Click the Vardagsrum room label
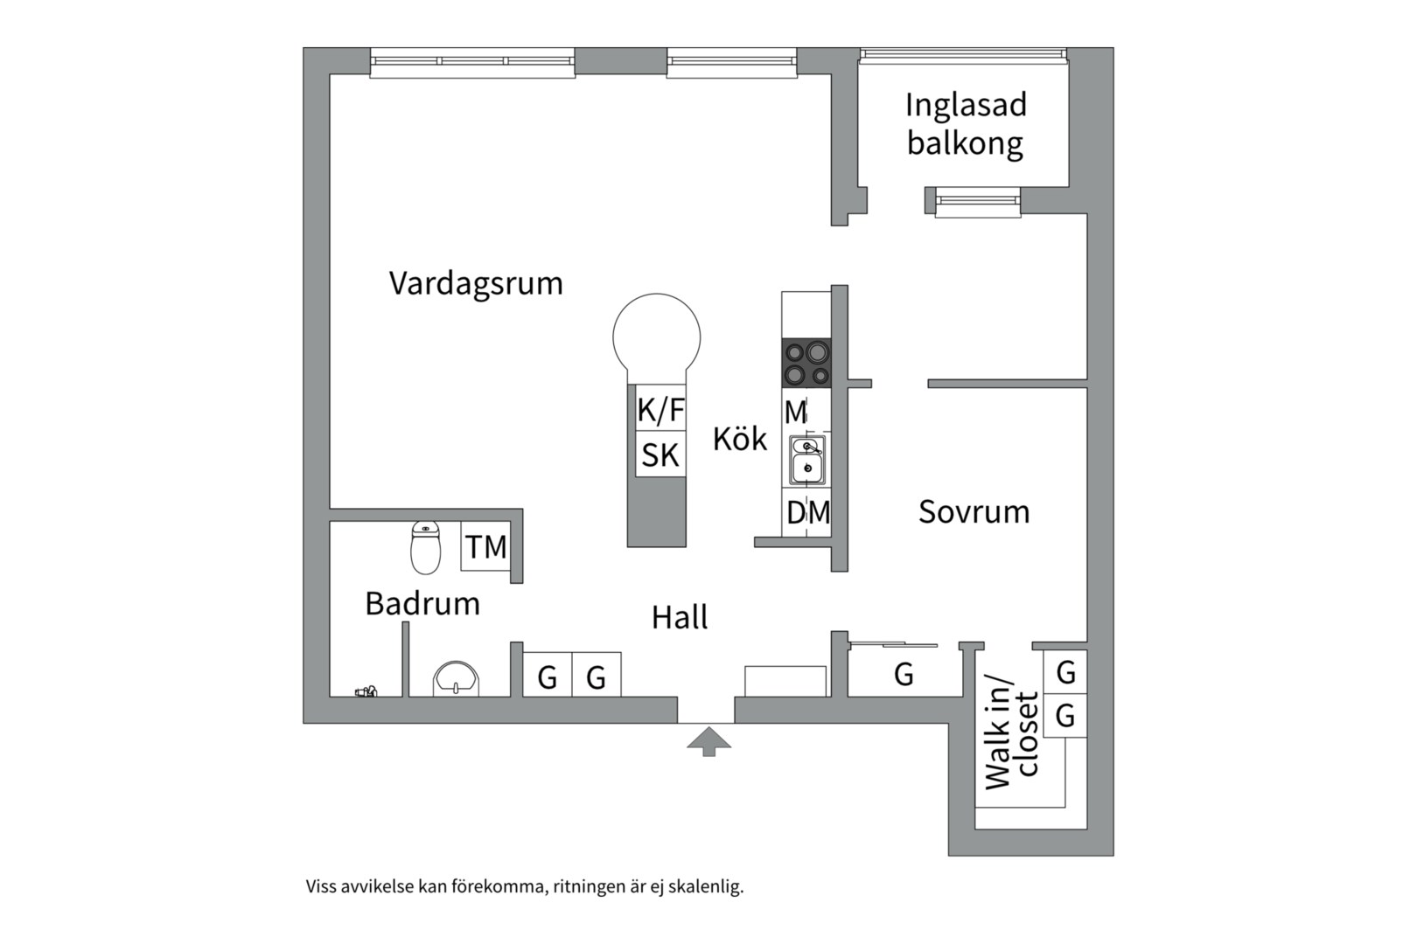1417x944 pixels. (476, 283)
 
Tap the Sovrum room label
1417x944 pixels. (974, 511)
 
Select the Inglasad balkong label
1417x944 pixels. (965, 124)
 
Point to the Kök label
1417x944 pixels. (739, 439)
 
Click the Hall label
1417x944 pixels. (680, 617)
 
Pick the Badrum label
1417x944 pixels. (422, 603)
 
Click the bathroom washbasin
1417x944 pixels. (456, 678)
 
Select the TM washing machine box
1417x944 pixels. (485, 547)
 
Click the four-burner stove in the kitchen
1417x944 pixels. (806, 363)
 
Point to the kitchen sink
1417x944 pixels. (806, 460)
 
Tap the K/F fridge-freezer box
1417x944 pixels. (660, 409)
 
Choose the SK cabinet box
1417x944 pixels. (660, 455)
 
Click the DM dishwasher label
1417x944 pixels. (807, 512)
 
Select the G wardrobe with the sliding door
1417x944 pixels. (904, 674)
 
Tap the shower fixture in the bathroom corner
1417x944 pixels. (366, 691)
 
